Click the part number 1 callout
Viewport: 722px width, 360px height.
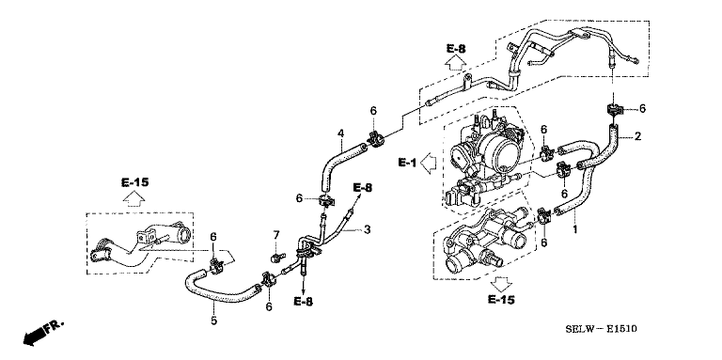574,228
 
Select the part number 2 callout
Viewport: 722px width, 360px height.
637,136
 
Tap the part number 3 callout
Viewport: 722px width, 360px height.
367,229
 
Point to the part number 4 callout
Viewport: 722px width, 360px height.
340,133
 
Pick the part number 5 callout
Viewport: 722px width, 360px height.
213,321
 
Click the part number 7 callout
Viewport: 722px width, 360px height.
276,235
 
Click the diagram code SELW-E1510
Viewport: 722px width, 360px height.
601,329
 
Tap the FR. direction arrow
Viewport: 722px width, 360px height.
42,334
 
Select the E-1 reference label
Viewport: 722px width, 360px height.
407,162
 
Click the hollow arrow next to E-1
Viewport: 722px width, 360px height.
429,163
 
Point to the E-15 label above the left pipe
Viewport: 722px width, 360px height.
135,182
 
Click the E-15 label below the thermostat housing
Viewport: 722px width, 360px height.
501,300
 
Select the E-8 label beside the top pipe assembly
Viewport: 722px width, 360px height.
456,48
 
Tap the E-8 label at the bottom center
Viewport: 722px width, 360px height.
304,302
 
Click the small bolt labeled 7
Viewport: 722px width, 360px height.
276,257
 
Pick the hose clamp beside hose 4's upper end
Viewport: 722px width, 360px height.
374,139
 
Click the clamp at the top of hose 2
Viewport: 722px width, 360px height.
613,111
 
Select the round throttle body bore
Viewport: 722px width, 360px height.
506,150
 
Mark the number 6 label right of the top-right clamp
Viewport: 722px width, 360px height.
642,109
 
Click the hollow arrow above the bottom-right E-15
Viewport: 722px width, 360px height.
502,284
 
